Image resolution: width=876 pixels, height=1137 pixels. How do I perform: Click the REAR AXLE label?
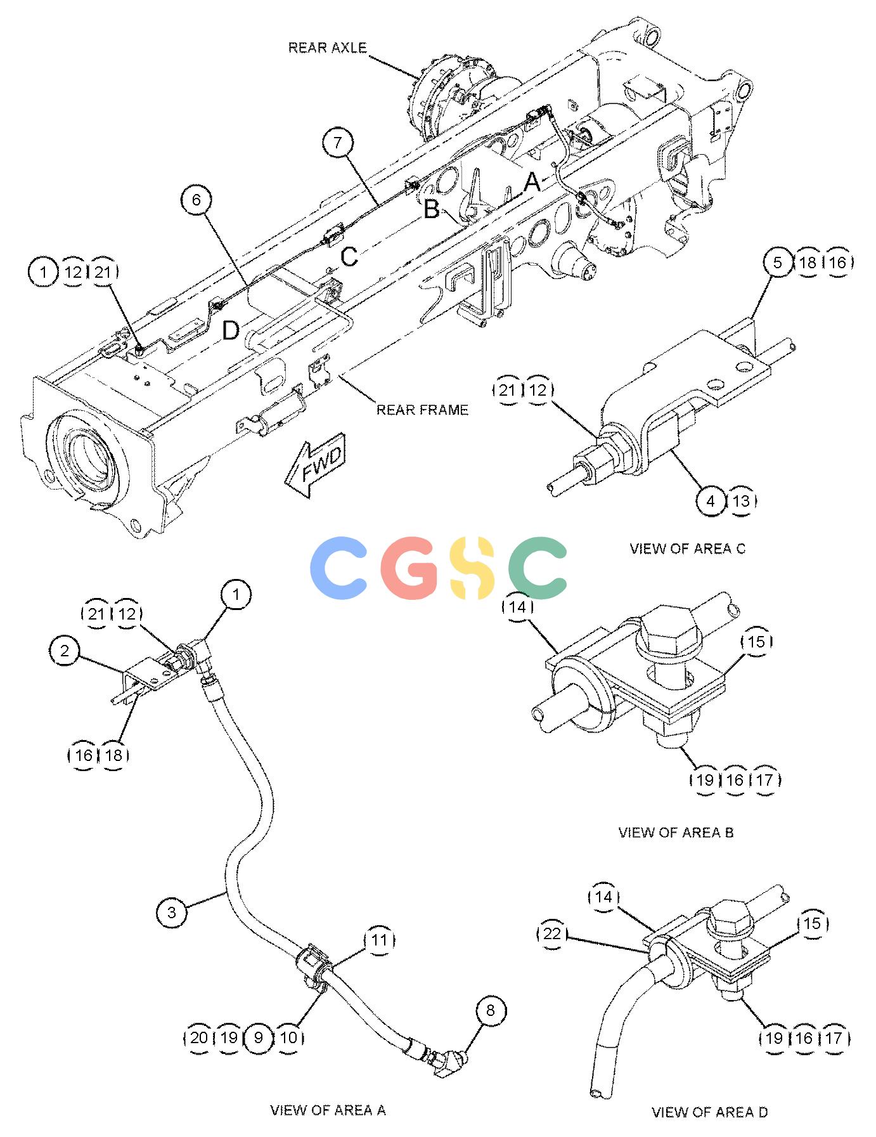coord(327,48)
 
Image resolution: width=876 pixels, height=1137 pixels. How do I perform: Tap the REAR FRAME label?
coord(422,410)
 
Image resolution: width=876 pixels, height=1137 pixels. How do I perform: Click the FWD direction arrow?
coord(314,465)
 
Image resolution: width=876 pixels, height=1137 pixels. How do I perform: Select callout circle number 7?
coord(337,143)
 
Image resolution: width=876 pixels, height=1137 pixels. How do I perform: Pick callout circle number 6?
coord(196,200)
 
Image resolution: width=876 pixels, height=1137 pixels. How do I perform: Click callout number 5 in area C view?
coord(778,263)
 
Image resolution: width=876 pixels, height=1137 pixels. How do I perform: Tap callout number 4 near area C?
coord(711,501)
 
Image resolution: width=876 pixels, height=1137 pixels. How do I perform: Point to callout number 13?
coord(741,501)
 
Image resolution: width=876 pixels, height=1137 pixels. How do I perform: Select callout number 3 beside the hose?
coord(172,913)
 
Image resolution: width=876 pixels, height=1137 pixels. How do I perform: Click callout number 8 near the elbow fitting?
coord(491,1011)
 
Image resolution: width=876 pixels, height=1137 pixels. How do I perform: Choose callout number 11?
coord(379,940)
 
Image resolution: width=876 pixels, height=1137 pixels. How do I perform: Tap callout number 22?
coord(552,934)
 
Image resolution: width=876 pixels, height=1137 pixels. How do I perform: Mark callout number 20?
coord(198,1037)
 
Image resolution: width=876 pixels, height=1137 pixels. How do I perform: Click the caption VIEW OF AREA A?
coord(328,1110)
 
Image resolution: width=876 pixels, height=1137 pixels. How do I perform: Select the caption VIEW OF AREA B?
coord(676,832)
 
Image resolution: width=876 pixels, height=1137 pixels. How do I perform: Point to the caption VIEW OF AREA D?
coord(709,1112)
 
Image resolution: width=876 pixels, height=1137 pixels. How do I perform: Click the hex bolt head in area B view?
coord(667,628)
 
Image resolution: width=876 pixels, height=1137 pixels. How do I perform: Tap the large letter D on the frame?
coord(231,330)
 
